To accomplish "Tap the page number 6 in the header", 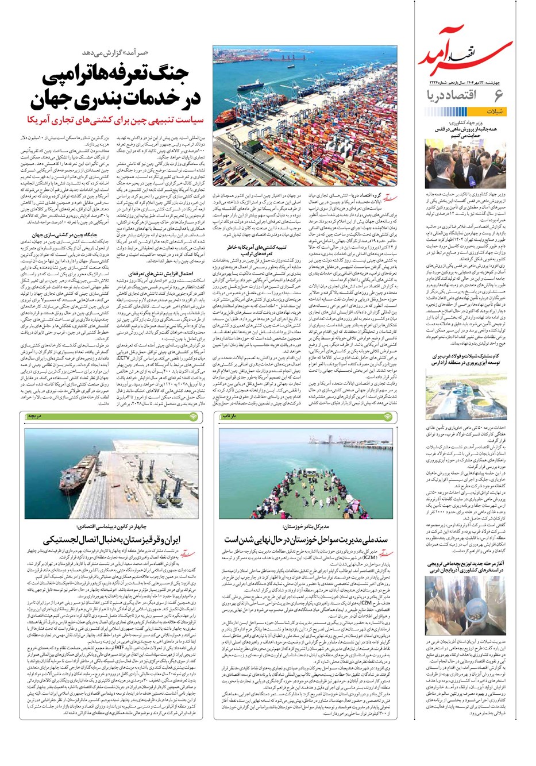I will tap(498, 95).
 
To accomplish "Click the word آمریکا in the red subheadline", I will tap(47, 119).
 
